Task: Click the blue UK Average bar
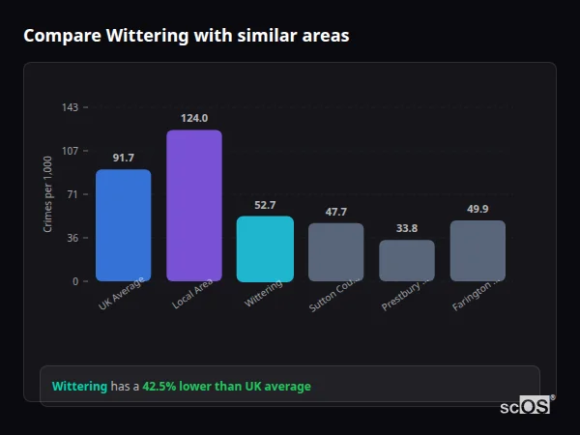pos(123,225)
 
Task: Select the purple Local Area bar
pos(194,205)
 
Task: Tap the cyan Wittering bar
pos(265,248)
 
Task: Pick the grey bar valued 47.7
pos(336,252)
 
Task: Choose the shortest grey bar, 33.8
pos(407,260)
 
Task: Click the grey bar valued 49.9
pos(478,250)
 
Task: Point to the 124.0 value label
pos(194,118)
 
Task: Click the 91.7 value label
pos(123,158)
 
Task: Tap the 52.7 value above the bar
pos(265,205)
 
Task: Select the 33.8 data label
pos(407,228)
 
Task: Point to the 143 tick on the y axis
pos(71,107)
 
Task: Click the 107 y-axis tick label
pos(71,151)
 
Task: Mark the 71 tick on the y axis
pos(73,194)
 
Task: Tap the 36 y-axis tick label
pos(73,238)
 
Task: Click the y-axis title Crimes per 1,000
pos(48,194)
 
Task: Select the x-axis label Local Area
pos(192,294)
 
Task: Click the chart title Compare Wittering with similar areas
pos(186,36)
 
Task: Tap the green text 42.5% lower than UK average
pos(226,387)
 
